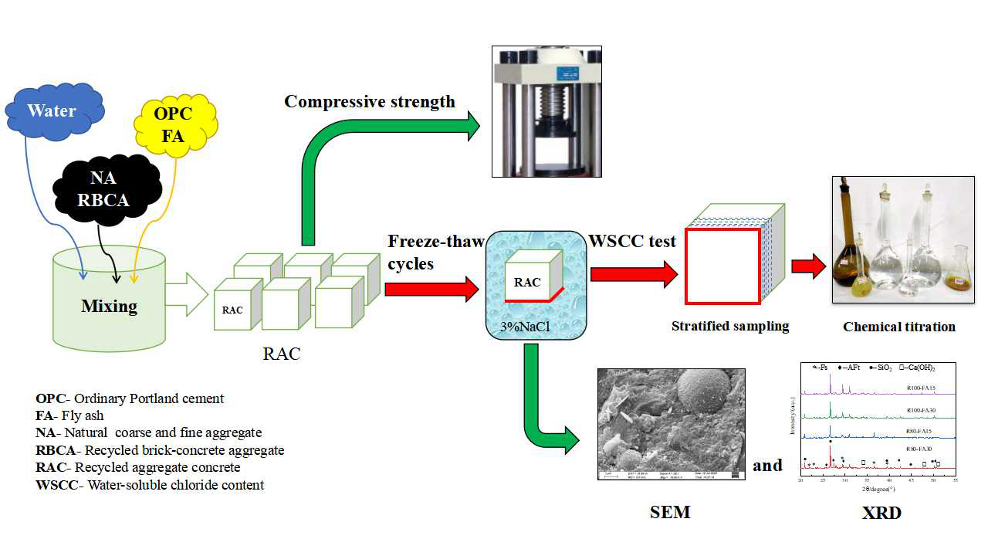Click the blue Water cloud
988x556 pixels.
click(x=52, y=111)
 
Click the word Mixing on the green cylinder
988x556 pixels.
click(x=110, y=306)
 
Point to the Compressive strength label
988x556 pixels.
click(x=369, y=101)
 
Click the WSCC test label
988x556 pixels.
click(x=632, y=241)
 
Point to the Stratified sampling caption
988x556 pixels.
click(x=730, y=325)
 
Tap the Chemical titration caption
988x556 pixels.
click(x=898, y=327)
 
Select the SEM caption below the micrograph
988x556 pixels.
click(x=670, y=511)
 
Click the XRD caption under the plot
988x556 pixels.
click(x=881, y=512)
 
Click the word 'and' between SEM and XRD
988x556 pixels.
click(x=767, y=465)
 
